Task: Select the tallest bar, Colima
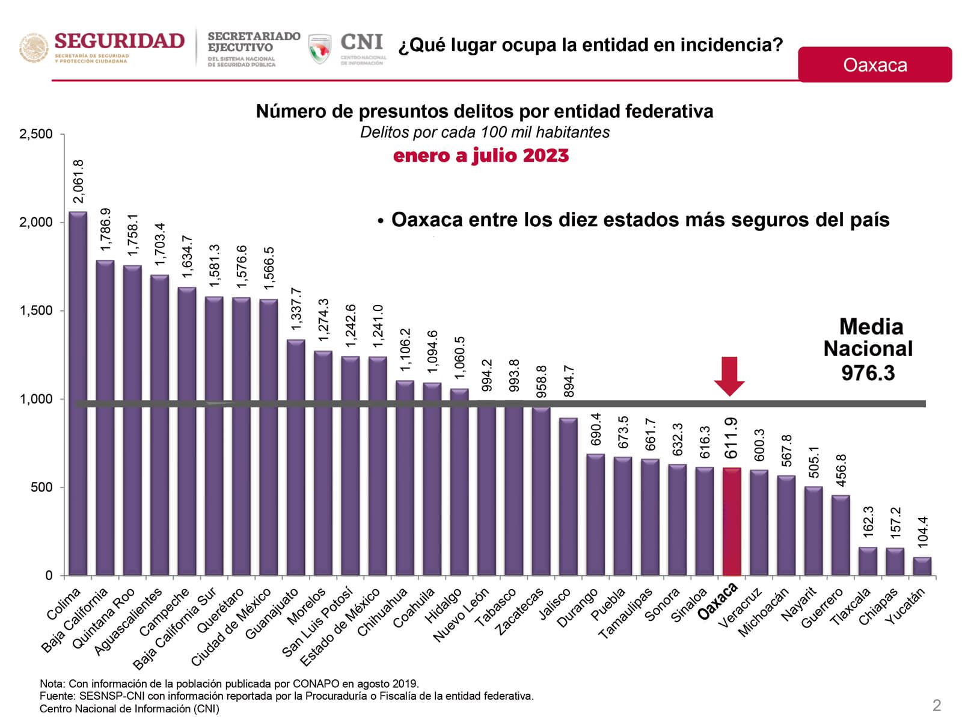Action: (x=78, y=394)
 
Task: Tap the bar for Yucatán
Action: (x=922, y=566)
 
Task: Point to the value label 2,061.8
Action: (x=78, y=181)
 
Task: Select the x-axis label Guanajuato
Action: (x=272, y=614)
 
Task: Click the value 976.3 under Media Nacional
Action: (x=868, y=373)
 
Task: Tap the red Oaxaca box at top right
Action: (x=874, y=64)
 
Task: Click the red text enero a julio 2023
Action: (x=480, y=155)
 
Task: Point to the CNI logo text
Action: (x=361, y=42)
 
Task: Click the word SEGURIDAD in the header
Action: (x=119, y=41)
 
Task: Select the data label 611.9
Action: (x=731, y=438)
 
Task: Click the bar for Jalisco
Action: (x=568, y=496)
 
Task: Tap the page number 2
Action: (x=936, y=705)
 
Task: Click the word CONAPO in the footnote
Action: (x=316, y=683)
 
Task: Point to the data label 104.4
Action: (x=923, y=532)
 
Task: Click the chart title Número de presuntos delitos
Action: (x=484, y=111)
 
